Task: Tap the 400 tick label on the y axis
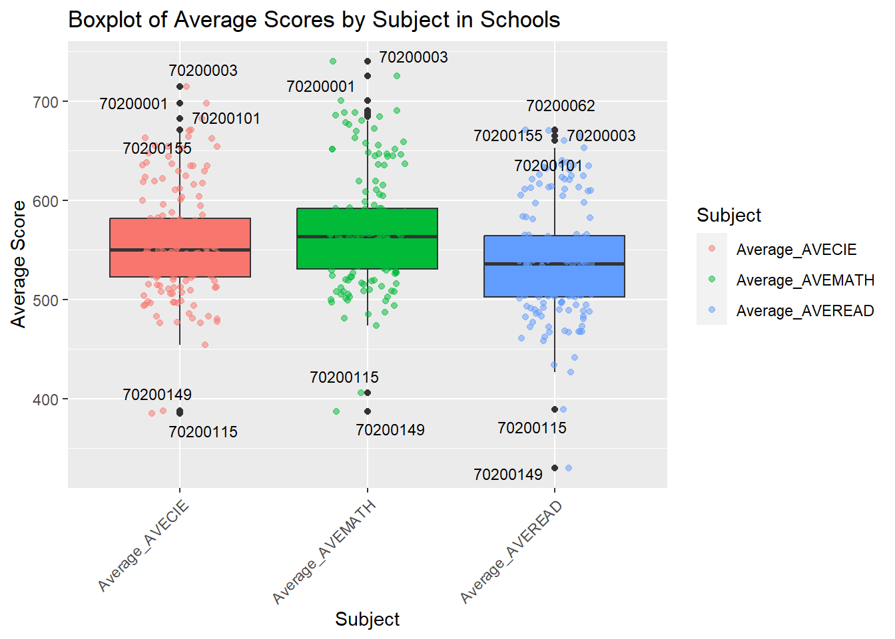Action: [x=46, y=399]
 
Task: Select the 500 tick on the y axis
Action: [x=46, y=300]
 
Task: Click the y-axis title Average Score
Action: [x=19, y=264]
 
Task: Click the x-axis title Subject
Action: [x=367, y=619]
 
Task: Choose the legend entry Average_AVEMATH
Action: [x=805, y=280]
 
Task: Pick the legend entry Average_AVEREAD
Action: [x=805, y=311]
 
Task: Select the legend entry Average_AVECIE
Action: [x=796, y=250]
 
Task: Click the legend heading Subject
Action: [x=729, y=215]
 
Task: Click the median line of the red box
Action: [x=180, y=250]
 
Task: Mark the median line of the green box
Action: [x=367, y=236]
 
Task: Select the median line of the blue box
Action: [x=554, y=264]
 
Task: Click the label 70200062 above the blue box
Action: [x=560, y=106]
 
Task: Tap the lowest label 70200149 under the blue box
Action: [x=507, y=475]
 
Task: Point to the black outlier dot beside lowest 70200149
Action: [x=555, y=468]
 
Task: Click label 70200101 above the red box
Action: [x=226, y=118]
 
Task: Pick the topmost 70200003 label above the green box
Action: [x=413, y=57]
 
